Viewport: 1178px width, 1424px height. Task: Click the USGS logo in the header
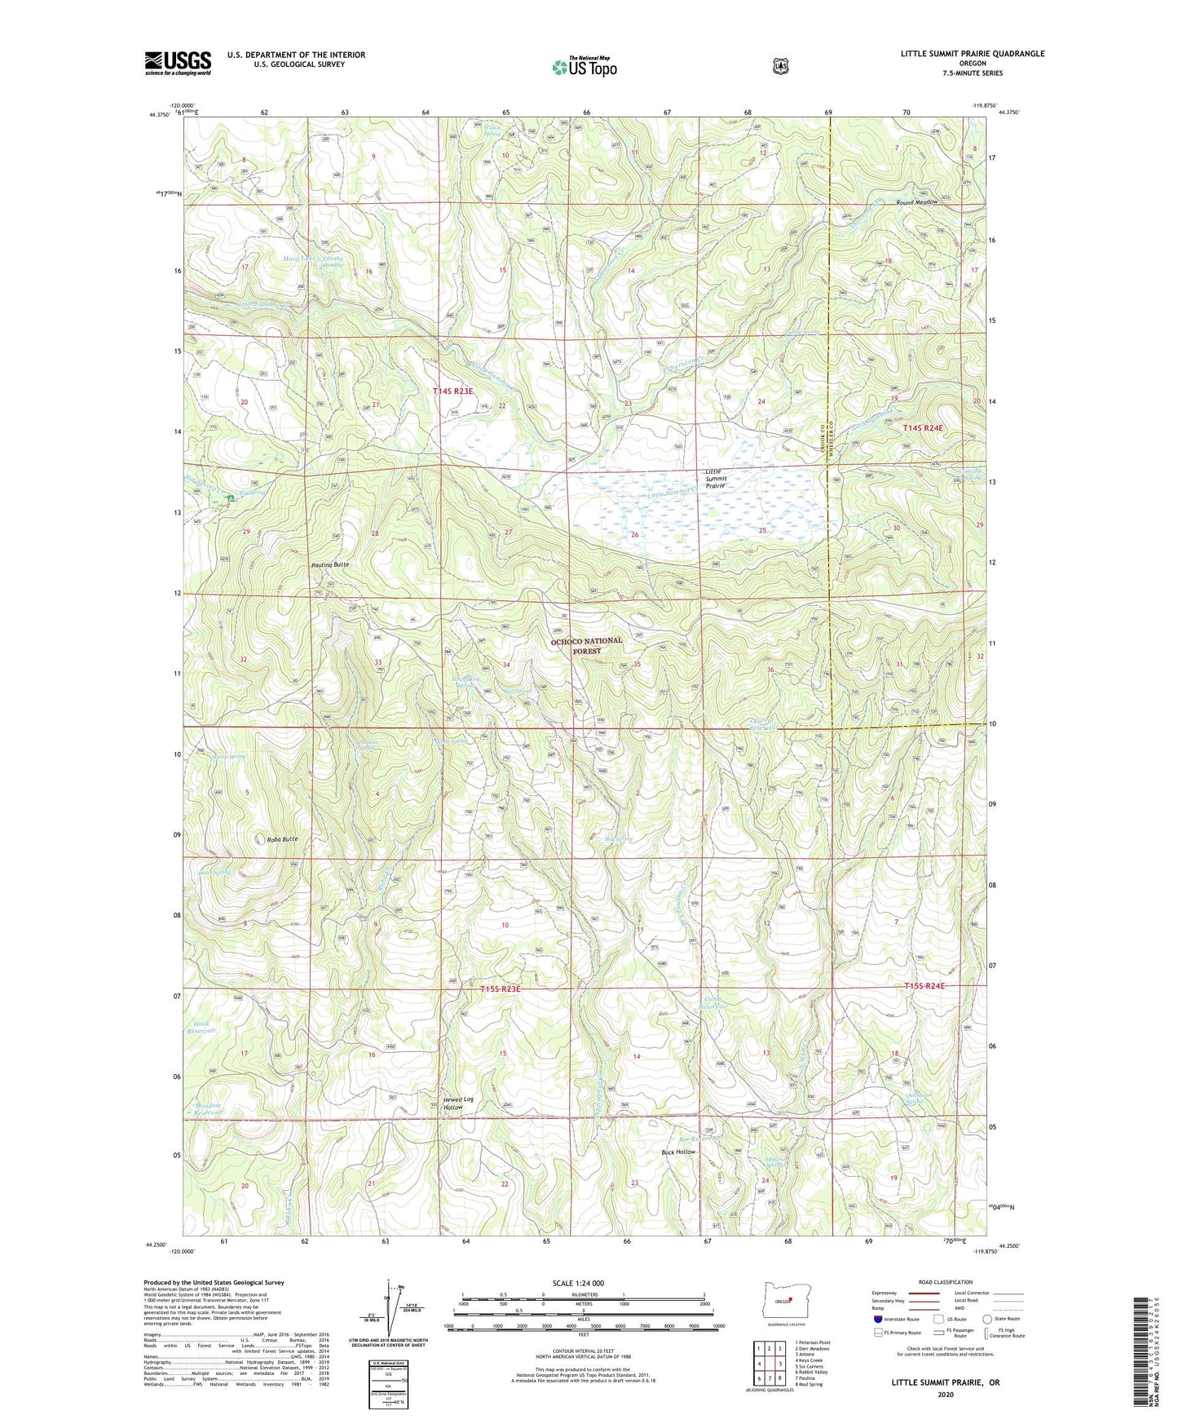178,63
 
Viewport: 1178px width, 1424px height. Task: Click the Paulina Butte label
330,565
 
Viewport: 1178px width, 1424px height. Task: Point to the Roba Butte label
283,838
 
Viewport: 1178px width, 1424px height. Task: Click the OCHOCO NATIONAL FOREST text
586,646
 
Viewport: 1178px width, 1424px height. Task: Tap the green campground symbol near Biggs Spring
231,497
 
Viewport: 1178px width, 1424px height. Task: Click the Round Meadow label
916,202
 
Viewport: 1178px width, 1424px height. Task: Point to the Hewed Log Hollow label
457,1103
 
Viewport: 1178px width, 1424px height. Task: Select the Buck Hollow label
678,1152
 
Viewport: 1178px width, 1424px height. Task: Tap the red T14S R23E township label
453,391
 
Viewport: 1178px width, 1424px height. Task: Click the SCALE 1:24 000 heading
578,1283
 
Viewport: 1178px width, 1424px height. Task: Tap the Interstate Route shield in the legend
878,1319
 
